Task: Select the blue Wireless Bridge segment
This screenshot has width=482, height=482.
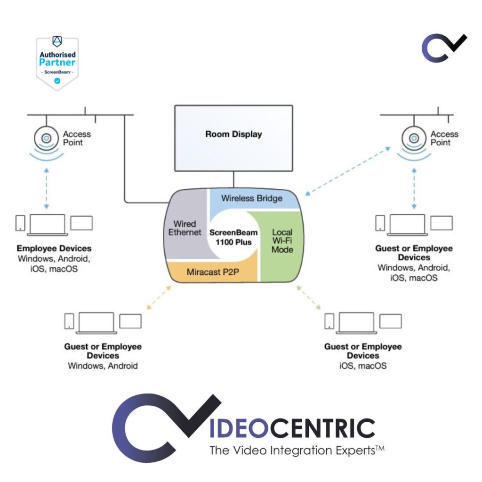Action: pyautogui.click(x=252, y=198)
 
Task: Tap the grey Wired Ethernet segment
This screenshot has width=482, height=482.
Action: pyautogui.click(x=185, y=228)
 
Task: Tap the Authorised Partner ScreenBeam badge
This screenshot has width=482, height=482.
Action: pyautogui.click(x=57, y=63)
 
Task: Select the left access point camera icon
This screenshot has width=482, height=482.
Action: pyautogui.click(x=46, y=138)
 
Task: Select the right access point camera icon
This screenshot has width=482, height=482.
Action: pyautogui.click(x=414, y=138)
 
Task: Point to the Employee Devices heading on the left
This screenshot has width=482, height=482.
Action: pyautogui.click(x=54, y=248)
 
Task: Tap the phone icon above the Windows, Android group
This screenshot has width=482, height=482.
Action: pyautogui.click(x=69, y=321)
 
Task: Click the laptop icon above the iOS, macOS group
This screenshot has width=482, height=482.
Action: pyautogui.click(x=356, y=322)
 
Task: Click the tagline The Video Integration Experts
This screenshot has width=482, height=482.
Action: pyautogui.click(x=297, y=450)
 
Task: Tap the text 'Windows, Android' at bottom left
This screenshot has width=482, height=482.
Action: pyautogui.click(x=103, y=365)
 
